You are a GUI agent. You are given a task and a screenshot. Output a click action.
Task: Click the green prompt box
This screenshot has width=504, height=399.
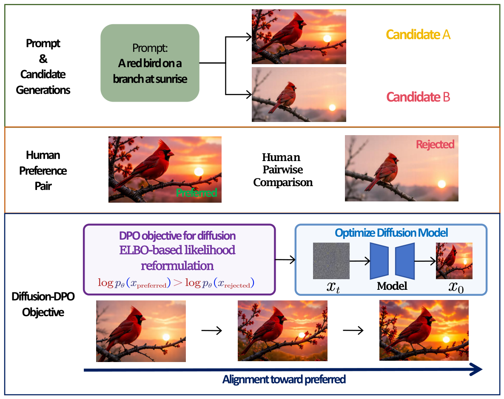[x=150, y=63]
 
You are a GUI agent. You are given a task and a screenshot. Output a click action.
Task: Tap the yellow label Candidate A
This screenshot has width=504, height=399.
[x=418, y=35]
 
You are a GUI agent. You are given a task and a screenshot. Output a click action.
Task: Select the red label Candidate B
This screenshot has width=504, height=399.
[x=418, y=97]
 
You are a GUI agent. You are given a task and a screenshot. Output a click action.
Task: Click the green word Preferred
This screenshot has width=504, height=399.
[x=196, y=192]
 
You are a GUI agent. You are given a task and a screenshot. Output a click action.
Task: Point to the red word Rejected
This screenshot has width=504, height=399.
[x=435, y=144]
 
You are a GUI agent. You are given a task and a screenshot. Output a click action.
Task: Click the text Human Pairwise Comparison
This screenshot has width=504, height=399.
[x=283, y=170]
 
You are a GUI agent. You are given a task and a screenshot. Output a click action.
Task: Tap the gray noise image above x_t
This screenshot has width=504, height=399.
[x=331, y=260]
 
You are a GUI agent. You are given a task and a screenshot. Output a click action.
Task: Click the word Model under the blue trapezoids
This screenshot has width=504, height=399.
[x=392, y=286]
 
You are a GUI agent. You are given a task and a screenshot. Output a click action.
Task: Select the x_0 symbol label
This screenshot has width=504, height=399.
[x=456, y=287]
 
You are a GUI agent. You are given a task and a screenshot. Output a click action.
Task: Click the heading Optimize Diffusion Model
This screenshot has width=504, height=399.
[x=391, y=233]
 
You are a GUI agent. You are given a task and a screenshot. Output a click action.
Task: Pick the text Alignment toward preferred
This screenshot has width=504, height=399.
[x=284, y=379]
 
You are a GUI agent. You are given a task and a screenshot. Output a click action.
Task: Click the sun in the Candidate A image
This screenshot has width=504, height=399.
[x=327, y=39]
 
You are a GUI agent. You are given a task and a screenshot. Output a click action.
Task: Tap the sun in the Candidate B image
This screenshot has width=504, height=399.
[x=332, y=108]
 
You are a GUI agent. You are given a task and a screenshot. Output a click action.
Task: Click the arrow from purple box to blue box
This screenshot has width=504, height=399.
[x=285, y=260]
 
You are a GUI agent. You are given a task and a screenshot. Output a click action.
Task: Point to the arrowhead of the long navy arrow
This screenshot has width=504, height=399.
[x=476, y=369]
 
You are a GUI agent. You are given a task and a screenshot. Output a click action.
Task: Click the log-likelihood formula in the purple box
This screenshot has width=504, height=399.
[x=176, y=283]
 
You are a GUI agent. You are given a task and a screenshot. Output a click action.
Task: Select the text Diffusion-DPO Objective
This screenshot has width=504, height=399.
[x=43, y=304]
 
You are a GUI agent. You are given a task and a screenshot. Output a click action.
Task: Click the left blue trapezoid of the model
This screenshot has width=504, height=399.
[x=379, y=261]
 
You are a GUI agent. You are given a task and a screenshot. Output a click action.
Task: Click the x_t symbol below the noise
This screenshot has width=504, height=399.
[x=333, y=287]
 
